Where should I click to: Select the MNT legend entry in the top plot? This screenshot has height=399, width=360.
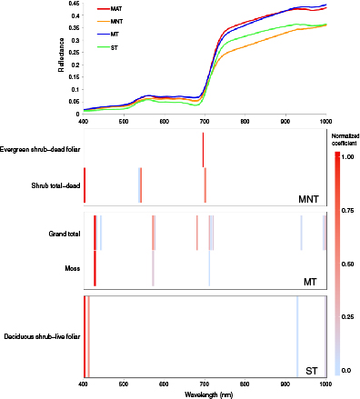point(118,20)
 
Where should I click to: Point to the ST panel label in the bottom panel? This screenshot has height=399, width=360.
point(312,370)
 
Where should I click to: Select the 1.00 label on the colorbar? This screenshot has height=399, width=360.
point(350,156)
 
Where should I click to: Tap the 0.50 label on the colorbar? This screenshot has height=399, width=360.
point(350,264)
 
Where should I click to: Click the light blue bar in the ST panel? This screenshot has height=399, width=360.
point(297,336)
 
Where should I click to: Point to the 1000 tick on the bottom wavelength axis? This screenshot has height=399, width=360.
point(325,385)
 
